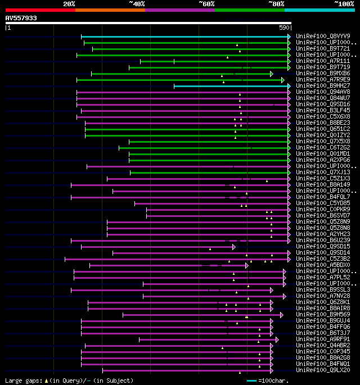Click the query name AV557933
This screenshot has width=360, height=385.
21,18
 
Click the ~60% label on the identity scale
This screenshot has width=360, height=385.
206,3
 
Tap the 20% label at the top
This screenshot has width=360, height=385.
69,3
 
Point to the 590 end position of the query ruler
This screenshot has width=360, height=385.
285,27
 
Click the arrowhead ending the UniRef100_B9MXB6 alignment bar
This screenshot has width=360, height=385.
272,74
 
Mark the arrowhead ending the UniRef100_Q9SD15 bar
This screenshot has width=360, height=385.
233,246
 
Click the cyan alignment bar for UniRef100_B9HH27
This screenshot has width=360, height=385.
231,86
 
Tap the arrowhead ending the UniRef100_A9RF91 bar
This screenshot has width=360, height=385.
277,339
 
